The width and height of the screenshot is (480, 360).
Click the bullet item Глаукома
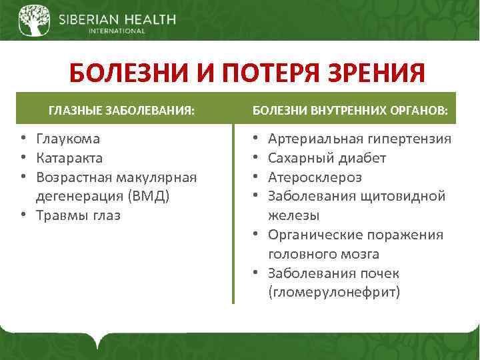pos(68,139)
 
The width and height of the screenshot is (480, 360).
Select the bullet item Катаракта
pos(69,158)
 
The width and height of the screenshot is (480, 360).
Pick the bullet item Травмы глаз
pos(78,215)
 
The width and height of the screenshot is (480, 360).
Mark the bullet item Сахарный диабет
pos(327,158)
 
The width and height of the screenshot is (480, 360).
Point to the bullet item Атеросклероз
pos(315,177)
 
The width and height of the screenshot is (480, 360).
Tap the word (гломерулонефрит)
pos(333,293)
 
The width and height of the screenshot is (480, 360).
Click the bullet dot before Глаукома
pos(22,139)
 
